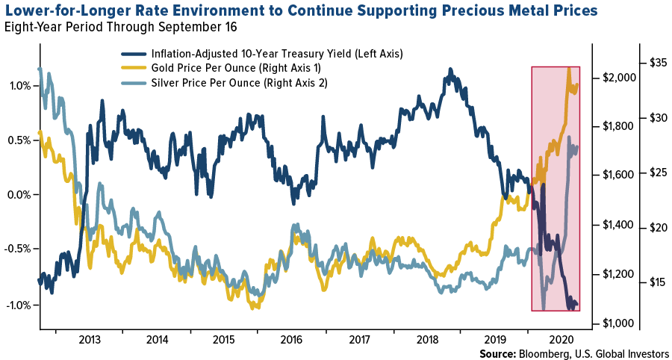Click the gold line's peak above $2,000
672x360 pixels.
tap(570, 68)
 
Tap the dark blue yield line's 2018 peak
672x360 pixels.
tap(450, 69)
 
